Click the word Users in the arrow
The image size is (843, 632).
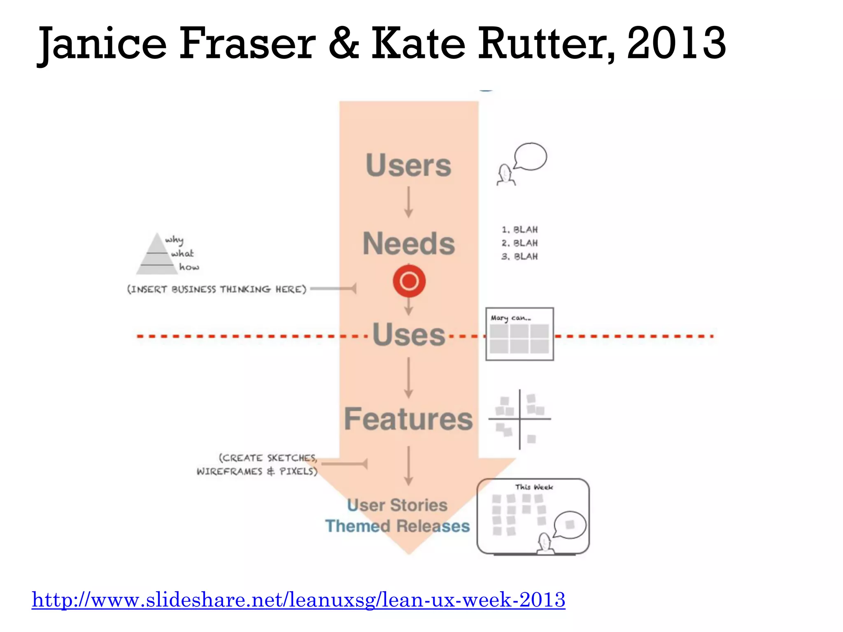tap(408, 165)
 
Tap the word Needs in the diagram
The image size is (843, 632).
tap(408, 244)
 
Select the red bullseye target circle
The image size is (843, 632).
tap(409, 281)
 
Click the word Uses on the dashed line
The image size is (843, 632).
tap(409, 335)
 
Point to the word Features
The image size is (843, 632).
tap(408, 419)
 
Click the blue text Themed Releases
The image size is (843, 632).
tap(397, 526)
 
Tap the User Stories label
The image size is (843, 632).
tap(397, 505)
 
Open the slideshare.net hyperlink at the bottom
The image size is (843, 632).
tap(298, 600)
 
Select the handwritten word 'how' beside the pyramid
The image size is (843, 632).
tap(189, 267)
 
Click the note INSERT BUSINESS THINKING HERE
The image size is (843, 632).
tap(217, 289)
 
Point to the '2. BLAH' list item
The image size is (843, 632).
tap(519, 243)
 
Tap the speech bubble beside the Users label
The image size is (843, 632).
tap(531, 156)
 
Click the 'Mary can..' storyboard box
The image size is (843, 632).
tap(519, 334)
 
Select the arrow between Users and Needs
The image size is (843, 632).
tap(408, 202)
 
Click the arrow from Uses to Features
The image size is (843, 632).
tap(408, 378)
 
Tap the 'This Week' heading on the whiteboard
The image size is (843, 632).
tap(534, 487)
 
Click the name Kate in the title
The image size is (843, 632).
tap(418, 43)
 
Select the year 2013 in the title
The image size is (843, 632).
tap(676, 43)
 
